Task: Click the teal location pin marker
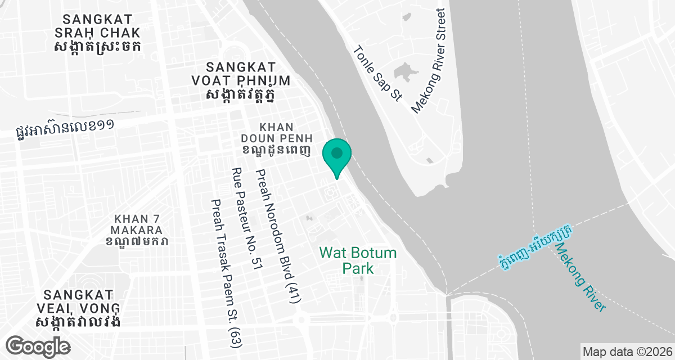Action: [337, 156]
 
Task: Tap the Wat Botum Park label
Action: [358, 260]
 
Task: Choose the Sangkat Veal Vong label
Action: [79, 308]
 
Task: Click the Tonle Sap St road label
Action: [377, 74]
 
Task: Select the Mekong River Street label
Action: [429, 61]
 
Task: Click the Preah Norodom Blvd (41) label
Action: [278, 236]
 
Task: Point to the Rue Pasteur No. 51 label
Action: [247, 219]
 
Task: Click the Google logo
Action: [38, 345]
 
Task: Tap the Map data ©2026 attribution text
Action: [626, 352]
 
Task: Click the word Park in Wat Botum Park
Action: [358, 268]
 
